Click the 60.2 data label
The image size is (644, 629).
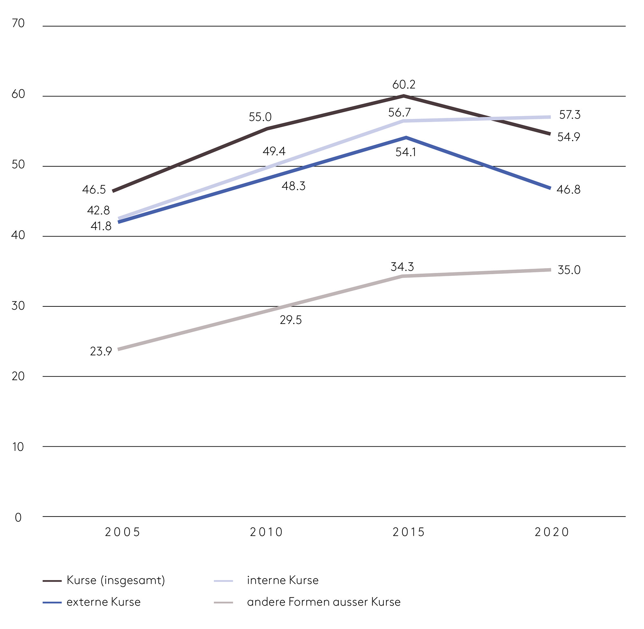point(403,84)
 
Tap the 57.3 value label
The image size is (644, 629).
point(569,115)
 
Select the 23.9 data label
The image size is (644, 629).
point(101,351)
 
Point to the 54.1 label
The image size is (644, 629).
point(405,152)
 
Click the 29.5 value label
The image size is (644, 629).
point(290,320)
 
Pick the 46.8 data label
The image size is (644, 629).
point(568,189)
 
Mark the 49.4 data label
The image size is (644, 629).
point(274,151)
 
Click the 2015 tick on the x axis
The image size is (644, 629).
point(408,532)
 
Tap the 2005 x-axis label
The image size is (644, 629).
point(122,532)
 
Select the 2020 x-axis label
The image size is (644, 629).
point(552,532)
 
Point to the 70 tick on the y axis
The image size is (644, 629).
point(18,24)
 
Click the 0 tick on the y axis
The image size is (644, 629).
point(18,517)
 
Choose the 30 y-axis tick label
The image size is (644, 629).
point(18,306)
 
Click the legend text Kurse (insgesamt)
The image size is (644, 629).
point(116,580)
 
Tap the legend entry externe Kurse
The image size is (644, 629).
point(103,602)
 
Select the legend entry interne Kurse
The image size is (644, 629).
point(282,580)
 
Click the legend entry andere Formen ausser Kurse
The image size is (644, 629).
point(324,602)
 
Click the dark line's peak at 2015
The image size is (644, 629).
point(404,96)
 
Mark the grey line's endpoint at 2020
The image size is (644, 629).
point(550,270)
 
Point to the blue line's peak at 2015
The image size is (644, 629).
point(406,137)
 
